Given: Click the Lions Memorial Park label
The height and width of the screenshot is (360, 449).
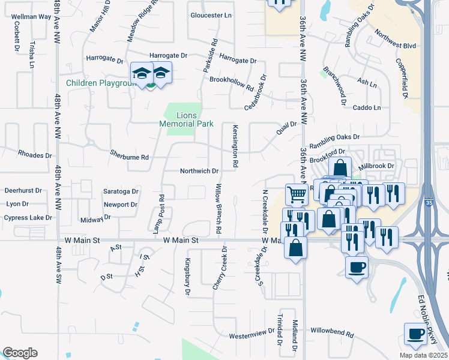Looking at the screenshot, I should pos(186,119).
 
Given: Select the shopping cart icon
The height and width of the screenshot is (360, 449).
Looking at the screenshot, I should pos(297,194).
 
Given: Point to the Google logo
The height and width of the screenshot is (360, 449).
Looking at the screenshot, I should pos(20,352).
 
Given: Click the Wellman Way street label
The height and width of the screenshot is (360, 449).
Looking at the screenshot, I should pos(31,17).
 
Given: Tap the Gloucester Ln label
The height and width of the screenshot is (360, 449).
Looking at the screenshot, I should pos(210,15).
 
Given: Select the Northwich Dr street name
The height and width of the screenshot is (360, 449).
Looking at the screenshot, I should pos(199,171).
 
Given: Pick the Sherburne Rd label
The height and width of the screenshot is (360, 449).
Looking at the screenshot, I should pos(128,155).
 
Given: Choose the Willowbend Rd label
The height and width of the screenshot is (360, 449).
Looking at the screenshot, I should pos(335,331).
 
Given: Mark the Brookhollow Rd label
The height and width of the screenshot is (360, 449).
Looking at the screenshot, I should pos(232,83).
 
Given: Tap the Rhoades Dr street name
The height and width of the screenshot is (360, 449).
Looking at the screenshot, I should pos(35,154).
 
